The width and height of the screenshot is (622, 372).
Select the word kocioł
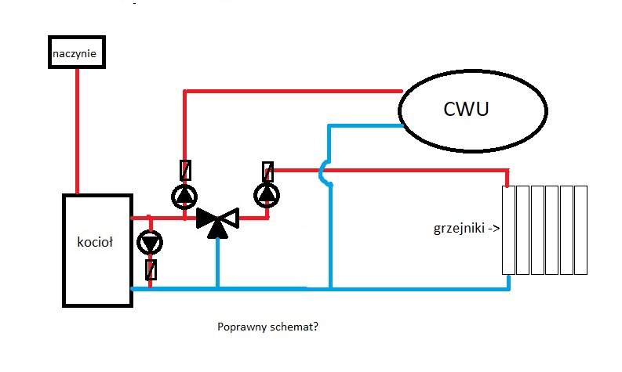96,243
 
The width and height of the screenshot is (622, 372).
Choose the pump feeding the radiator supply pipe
267,193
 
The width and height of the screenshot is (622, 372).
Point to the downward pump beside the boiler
149,243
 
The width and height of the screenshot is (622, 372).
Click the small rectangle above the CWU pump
185,169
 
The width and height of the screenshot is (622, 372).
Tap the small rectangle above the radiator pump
268,170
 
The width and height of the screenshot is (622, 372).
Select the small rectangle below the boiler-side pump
150,269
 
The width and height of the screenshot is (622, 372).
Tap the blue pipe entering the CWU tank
365,125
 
